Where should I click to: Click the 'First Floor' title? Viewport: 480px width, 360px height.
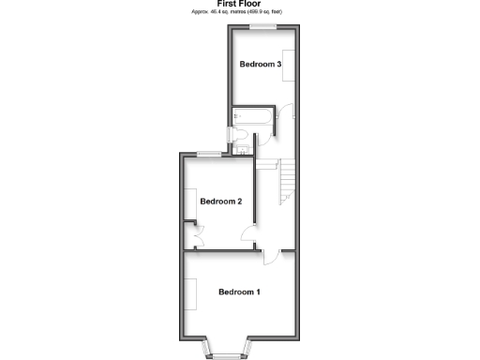click(x=238, y=4)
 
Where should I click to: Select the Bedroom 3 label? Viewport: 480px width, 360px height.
click(x=260, y=65)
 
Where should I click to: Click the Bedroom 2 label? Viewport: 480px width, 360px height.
click(x=221, y=202)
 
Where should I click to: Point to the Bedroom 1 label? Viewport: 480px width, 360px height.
click(x=239, y=292)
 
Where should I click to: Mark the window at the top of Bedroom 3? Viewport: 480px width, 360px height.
click(x=262, y=28)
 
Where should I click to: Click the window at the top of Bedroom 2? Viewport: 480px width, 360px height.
click(x=209, y=153)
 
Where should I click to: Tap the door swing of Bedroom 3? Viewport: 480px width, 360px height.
click(x=287, y=112)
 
